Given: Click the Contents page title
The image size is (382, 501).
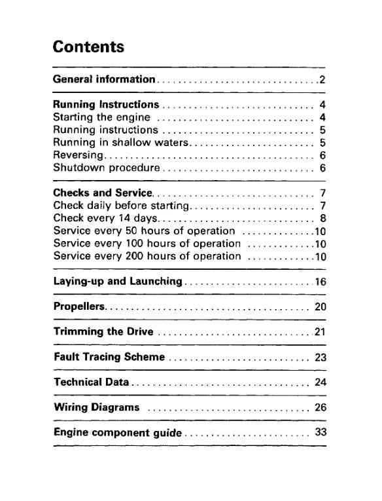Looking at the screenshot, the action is (88, 47).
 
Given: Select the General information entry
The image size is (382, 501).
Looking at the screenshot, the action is (103, 80).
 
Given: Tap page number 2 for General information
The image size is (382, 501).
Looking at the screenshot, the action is (322, 80).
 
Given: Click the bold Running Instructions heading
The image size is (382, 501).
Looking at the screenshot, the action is (105, 105).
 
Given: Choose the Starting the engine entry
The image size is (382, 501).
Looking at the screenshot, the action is (101, 117).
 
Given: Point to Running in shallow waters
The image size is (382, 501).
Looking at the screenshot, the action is (120, 142).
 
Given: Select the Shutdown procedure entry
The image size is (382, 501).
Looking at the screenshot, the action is (107, 167).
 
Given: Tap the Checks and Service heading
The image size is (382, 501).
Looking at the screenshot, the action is (103, 193).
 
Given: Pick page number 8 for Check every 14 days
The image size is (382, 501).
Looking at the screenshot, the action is (322, 218).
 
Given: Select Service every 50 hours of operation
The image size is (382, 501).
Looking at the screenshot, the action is (143, 231).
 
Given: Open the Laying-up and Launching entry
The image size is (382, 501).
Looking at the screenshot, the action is (117, 282).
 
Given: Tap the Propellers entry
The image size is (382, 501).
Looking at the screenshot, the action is (78, 306).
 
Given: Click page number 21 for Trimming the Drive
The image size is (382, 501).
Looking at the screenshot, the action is (320, 331).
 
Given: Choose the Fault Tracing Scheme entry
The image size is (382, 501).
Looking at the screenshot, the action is (109, 357).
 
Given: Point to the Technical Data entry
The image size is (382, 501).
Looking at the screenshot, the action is (91, 382).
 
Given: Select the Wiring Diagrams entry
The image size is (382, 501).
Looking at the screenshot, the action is (96, 407).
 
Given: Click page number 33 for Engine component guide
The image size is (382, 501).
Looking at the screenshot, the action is (320, 432).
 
